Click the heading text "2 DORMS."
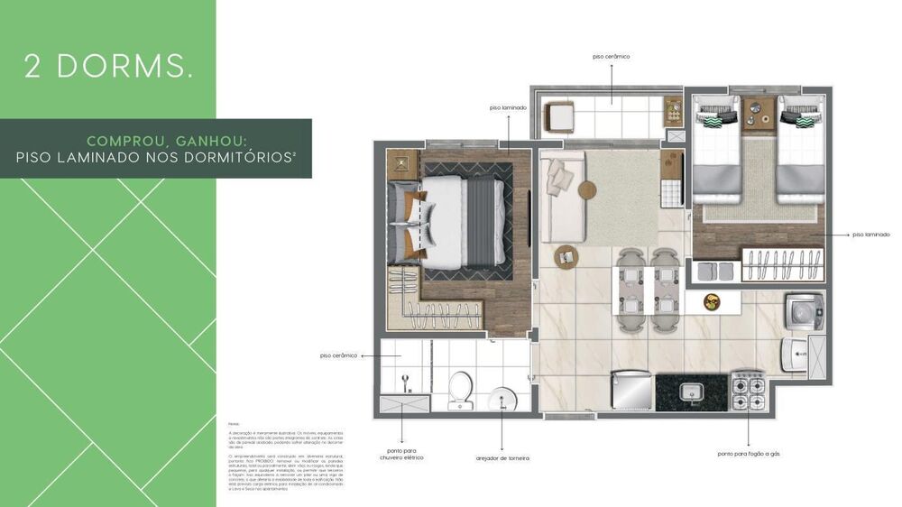108,67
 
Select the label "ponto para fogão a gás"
749,454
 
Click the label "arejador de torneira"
502,458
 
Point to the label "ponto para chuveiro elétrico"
401,454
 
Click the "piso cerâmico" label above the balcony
611,56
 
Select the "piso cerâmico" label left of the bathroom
338,355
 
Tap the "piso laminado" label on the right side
870,235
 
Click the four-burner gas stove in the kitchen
748,389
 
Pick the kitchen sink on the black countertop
691,391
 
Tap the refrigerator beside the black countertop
631,390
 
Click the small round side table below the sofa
565,256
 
